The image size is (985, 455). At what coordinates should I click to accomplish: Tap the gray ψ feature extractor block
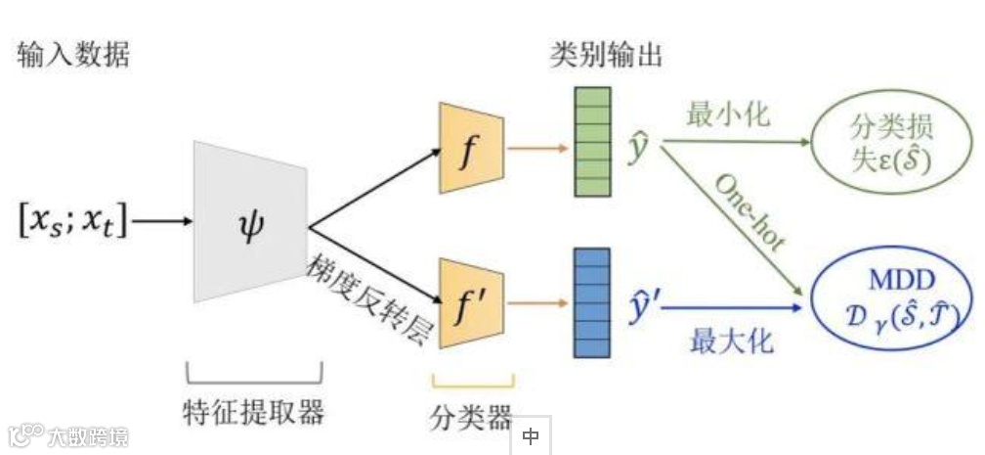(248, 221)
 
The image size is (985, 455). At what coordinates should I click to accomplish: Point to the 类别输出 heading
(606, 55)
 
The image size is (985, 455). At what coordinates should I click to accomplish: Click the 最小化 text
(729, 115)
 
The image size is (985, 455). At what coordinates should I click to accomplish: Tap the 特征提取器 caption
(253, 411)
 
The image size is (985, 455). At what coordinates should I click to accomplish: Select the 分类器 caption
(471, 418)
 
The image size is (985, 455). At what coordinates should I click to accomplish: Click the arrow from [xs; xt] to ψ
(162, 222)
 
